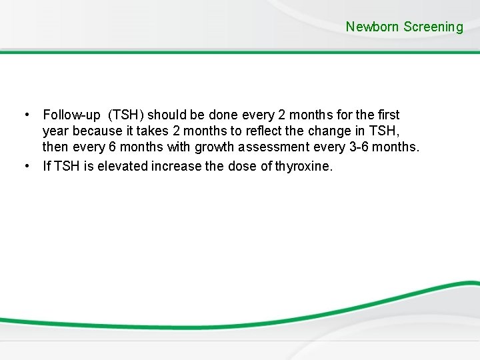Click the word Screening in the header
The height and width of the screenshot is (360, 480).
pyautogui.click(x=433, y=27)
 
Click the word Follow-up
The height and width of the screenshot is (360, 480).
pyautogui.click(x=68, y=116)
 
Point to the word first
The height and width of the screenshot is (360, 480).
pyautogui.click(x=387, y=116)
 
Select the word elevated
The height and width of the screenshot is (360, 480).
pyautogui.click(x=123, y=166)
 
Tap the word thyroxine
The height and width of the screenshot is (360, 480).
pyautogui.click(x=301, y=166)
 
